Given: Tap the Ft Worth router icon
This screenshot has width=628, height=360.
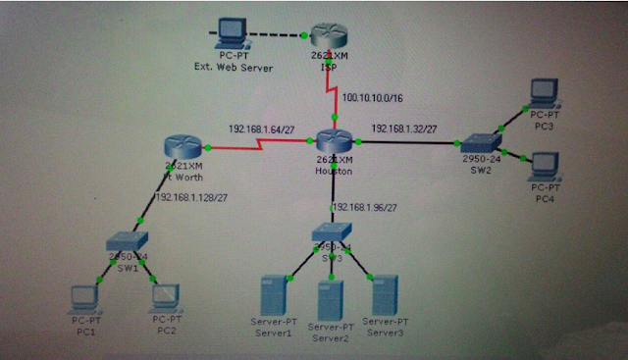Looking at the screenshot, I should (x=183, y=149).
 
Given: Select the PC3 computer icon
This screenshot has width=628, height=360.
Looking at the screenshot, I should (x=543, y=94).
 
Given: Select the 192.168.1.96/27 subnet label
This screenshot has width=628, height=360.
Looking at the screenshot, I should (x=372, y=208).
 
